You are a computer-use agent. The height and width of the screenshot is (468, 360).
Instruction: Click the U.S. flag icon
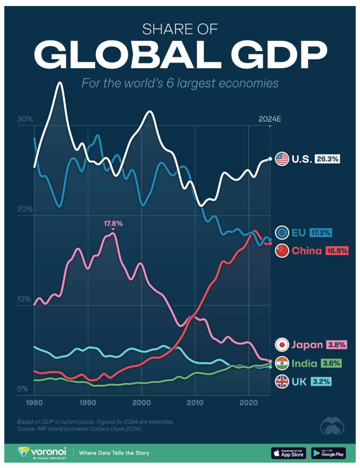click(x=282, y=159)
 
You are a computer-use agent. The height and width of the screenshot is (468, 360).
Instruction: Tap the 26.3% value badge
click(x=328, y=159)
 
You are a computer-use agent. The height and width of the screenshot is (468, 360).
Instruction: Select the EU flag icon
click(x=282, y=233)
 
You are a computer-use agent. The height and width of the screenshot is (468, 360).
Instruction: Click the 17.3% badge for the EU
click(x=320, y=233)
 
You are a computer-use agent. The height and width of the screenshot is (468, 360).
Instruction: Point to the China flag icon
click(x=282, y=250)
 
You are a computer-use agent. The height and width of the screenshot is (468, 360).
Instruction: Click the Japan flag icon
click(x=282, y=344)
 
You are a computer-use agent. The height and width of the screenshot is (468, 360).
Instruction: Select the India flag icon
click(x=282, y=363)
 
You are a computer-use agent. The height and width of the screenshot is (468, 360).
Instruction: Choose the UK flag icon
click(x=282, y=381)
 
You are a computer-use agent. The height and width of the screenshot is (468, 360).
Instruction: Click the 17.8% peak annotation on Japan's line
click(x=113, y=224)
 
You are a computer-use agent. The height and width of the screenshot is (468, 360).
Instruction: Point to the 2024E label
click(x=270, y=119)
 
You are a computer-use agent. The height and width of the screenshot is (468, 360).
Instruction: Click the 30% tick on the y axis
click(x=25, y=119)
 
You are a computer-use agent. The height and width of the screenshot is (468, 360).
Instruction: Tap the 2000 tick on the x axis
click(x=141, y=402)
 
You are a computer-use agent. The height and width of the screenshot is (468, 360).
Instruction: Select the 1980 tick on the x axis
click(x=34, y=402)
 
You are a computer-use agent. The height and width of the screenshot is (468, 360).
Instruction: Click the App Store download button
click(x=289, y=453)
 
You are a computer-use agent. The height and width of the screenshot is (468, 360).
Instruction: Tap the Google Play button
click(x=328, y=453)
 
